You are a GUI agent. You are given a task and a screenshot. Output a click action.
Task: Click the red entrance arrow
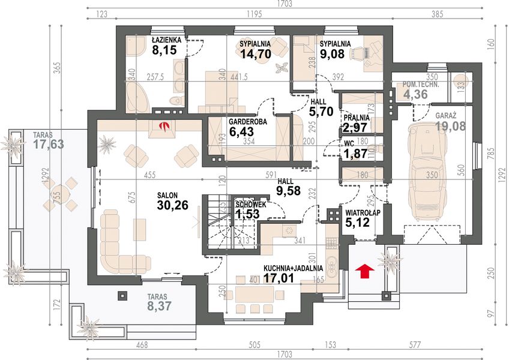(364, 271)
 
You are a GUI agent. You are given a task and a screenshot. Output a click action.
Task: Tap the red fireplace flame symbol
(166, 126)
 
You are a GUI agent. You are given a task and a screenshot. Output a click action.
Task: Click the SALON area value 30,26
(172, 205)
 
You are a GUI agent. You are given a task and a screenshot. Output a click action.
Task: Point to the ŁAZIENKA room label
(166, 40)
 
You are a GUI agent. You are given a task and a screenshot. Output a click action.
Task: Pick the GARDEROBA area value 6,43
(241, 132)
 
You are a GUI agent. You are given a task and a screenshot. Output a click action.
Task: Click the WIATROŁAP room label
(363, 213)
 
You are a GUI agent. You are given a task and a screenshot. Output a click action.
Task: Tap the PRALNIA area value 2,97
(355, 128)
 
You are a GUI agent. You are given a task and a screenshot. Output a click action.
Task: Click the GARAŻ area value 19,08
(450, 126)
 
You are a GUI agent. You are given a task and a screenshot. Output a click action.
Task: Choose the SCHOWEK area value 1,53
(247, 214)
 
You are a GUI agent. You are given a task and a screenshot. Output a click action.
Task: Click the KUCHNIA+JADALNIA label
(293, 268)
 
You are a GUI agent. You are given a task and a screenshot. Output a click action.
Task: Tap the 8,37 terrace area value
(159, 305)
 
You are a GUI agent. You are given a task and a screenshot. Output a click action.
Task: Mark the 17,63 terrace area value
(49, 144)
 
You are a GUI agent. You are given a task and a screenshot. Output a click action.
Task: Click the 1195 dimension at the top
(254, 14)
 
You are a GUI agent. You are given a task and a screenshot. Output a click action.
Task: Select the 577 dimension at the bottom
(415, 344)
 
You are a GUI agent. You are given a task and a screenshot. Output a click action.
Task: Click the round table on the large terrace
(61, 194)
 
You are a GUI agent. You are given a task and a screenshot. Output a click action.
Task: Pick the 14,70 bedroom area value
(256, 53)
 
